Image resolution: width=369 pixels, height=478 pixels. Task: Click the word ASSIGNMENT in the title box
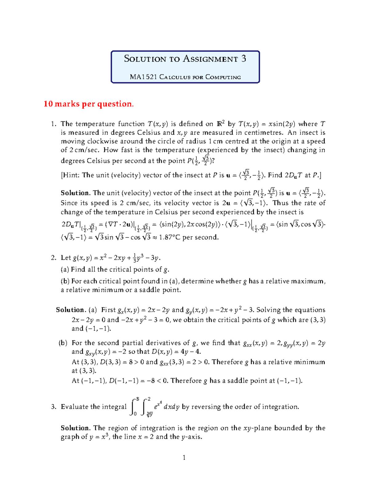coord(211,59)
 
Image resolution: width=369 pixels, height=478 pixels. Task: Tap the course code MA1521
coord(143,77)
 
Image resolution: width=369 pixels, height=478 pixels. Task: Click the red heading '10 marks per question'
coord(89,104)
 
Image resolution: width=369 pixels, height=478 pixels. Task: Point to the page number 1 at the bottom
coord(184,458)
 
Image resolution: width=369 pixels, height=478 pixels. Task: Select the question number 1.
coord(53,124)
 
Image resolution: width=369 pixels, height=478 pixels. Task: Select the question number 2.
coord(53,258)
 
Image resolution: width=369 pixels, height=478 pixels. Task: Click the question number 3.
coord(54,407)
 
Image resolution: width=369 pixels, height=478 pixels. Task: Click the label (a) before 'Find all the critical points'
coord(65,270)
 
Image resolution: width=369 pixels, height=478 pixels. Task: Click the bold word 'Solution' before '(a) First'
coord(70,310)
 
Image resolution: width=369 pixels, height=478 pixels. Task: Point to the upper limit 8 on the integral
coord(138,399)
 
